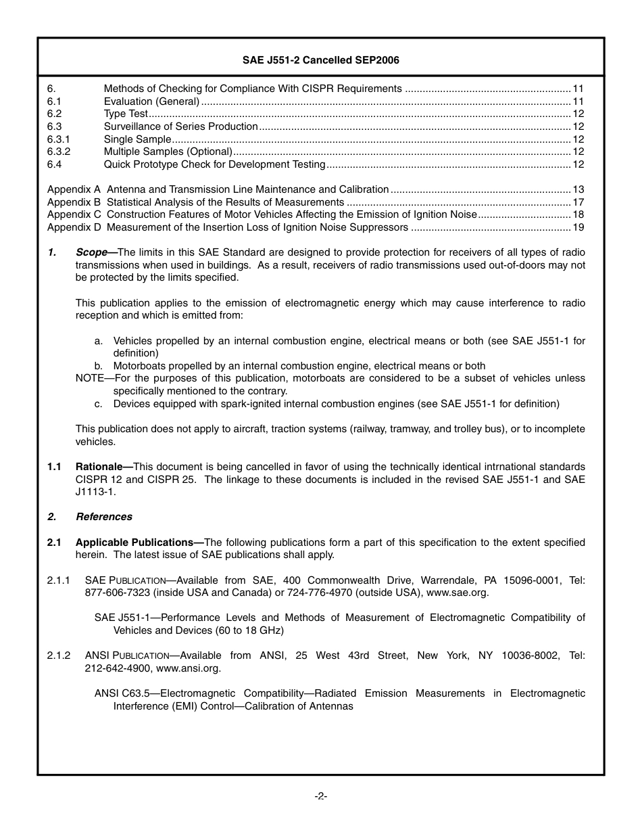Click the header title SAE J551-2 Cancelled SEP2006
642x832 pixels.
(320, 60)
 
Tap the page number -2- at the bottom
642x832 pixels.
(321, 796)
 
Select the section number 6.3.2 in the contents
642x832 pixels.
(59, 152)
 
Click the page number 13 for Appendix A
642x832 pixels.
(578, 189)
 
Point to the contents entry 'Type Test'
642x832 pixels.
(125, 114)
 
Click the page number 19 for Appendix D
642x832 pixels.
(578, 227)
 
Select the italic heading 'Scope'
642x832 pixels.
(91, 252)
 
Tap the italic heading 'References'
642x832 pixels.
(103, 517)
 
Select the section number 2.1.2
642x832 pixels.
(59, 655)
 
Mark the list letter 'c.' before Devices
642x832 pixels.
(99, 404)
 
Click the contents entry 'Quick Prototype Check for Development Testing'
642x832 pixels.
(214, 164)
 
